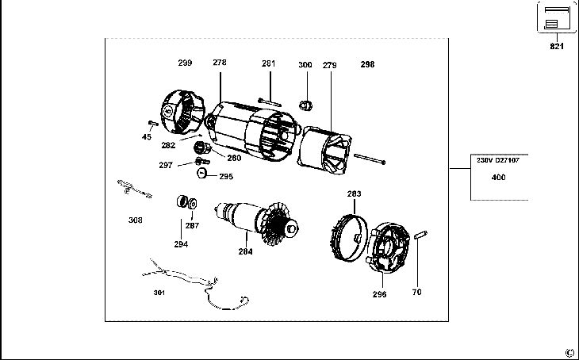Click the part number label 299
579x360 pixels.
tap(185, 62)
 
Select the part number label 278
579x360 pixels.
tap(220, 62)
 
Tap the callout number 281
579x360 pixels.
tap(269, 63)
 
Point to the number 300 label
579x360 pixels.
tap(305, 64)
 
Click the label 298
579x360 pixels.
tap(367, 64)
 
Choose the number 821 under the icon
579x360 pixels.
tap(557, 47)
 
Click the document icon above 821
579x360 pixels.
tap(558, 17)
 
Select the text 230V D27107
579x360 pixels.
tap(497, 160)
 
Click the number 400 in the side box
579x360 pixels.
tap(498, 178)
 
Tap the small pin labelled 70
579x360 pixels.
tap(422, 234)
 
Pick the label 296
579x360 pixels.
tap(379, 294)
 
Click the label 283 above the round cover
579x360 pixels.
tap(354, 193)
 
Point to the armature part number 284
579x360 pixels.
tap(246, 252)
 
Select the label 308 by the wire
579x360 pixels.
tap(136, 220)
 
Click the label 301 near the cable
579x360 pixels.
tap(159, 292)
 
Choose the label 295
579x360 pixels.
tap(226, 177)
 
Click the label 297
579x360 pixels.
tap(165, 165)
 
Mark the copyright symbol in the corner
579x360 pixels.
tap(569, 353)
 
